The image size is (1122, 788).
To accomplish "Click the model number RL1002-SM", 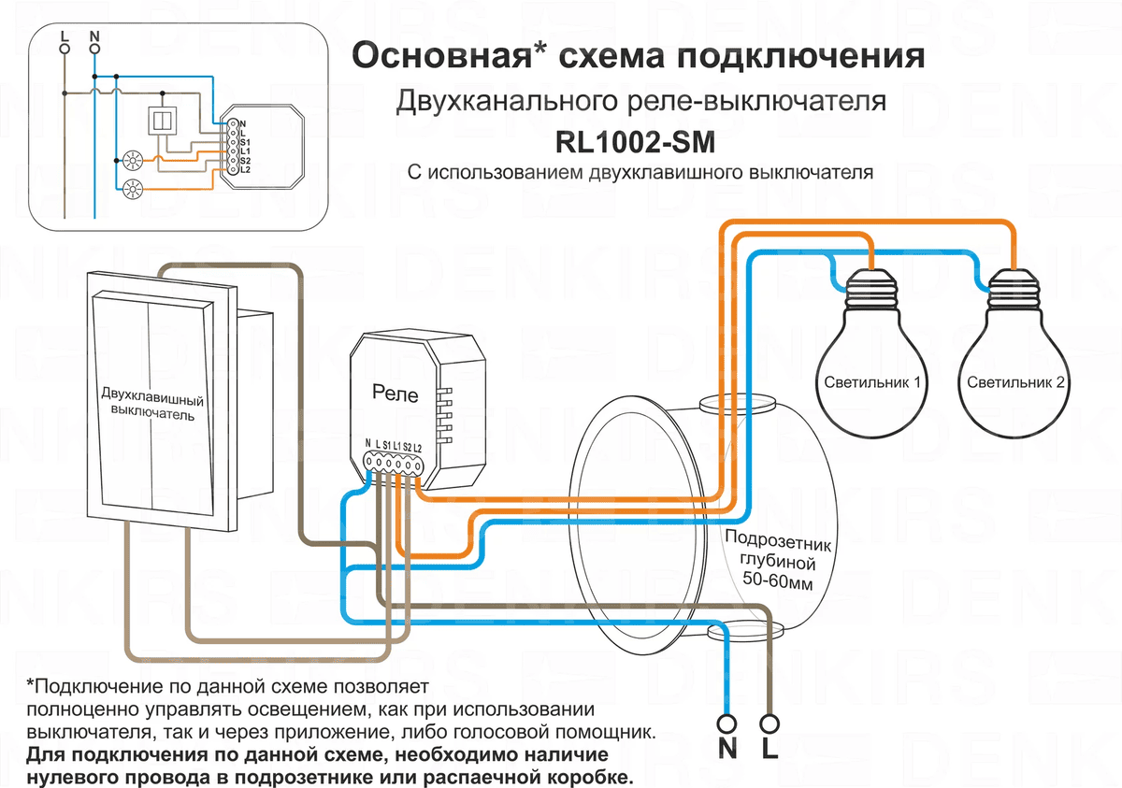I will tap(640, 143).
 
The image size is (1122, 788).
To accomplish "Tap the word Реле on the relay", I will tap(396, 394).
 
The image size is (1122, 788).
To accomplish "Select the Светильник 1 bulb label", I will tap(872, 382).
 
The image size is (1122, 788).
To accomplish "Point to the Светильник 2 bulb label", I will tap(1016, 382).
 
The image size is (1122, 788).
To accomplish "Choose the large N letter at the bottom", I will tap(727, 750).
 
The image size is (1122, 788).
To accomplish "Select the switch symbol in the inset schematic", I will tap(162, 121).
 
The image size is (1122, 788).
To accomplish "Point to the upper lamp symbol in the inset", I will tap(131, 160).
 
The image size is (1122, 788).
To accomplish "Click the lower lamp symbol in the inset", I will tap(131, 190).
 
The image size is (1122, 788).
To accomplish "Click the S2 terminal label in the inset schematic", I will tap(245, 160).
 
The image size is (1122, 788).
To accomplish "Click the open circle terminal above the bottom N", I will tap(727, 723).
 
